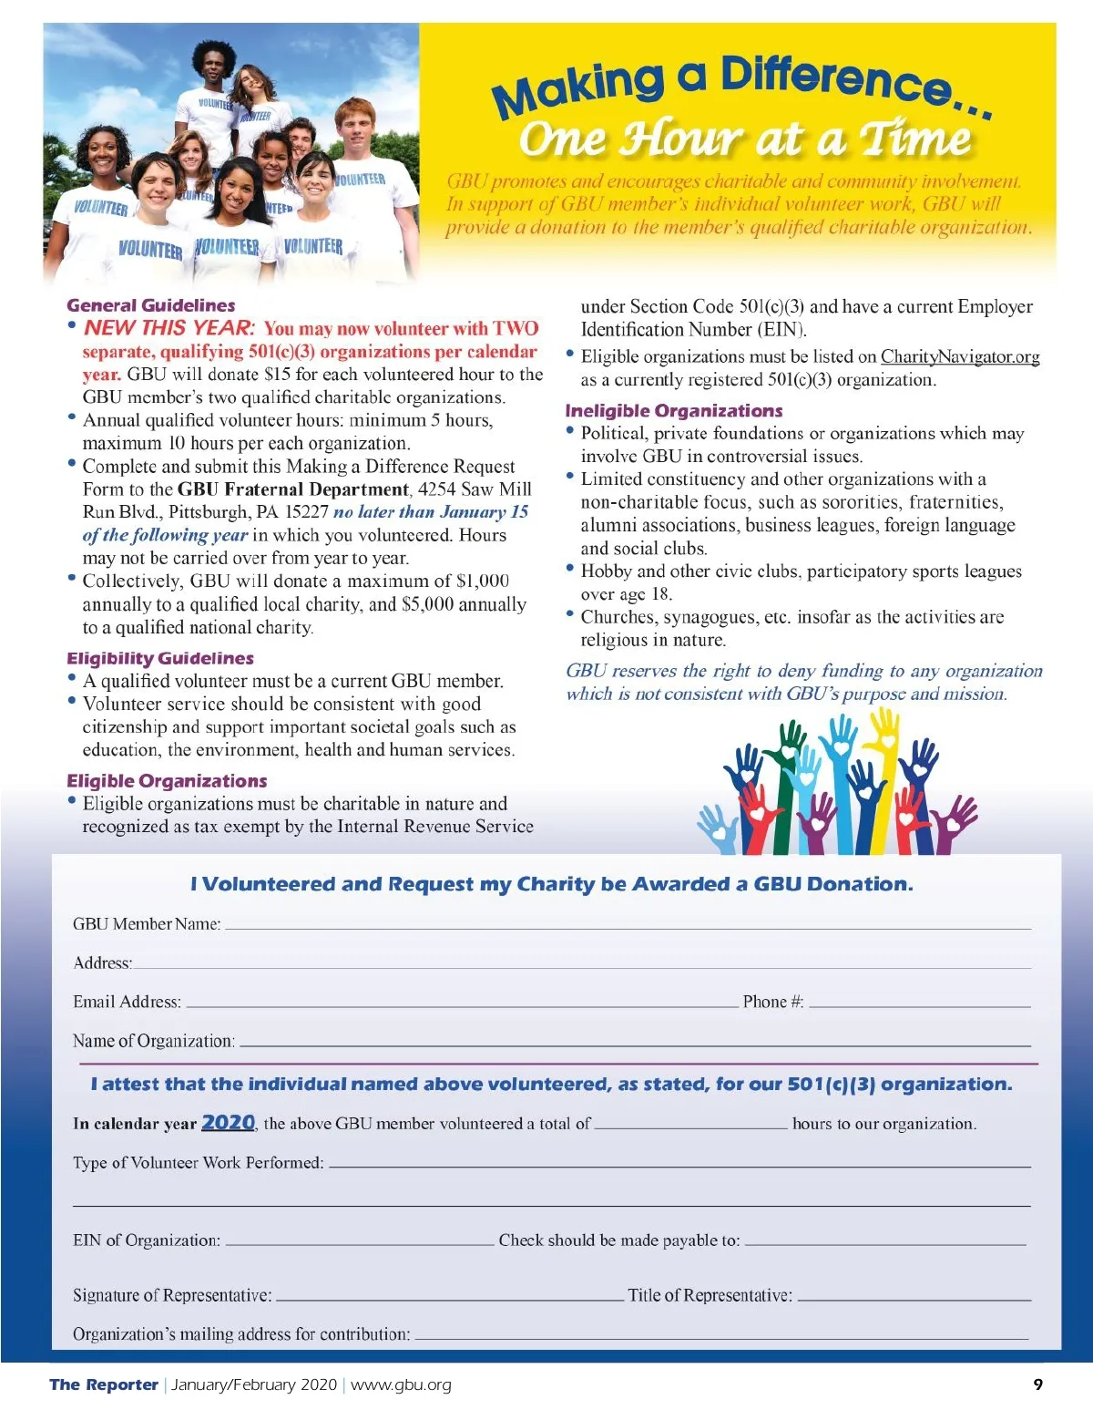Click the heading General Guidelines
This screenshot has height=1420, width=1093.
[x=151, y=305]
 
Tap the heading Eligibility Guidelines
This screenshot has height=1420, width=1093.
[x=160, y=658]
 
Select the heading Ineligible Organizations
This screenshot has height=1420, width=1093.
[x=673, y=411]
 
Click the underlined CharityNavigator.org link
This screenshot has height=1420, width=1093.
[x=960, y=357]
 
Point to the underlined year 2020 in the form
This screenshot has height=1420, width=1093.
[x=228, y=1122]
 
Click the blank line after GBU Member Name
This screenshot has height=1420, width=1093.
[x=627, y=926]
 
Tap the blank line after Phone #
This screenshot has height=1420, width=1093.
[x=919, y=1003]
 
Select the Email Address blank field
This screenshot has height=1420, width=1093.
[x=461, y=1003]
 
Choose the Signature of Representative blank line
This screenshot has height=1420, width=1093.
[x=449, y=1297]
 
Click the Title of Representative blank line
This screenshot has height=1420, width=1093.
[x=914, y=1297]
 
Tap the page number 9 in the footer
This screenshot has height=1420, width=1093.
[x=1037, y=1384]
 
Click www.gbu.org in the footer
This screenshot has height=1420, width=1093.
[x=401, y=1384]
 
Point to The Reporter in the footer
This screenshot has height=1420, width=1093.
[x=104, y=1384]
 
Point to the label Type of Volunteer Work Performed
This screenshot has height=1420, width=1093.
[x=199, y=1163]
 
